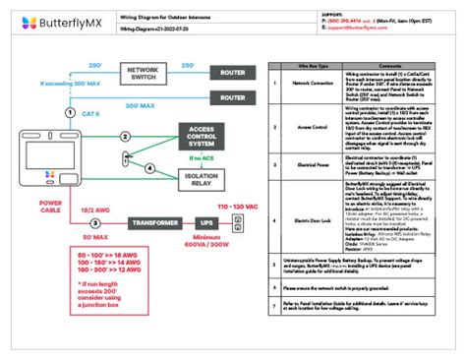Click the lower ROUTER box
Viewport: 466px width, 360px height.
point(232,97)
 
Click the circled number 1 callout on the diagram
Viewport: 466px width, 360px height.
point(69,113)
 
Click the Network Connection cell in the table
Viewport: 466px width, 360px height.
point(310,85)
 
